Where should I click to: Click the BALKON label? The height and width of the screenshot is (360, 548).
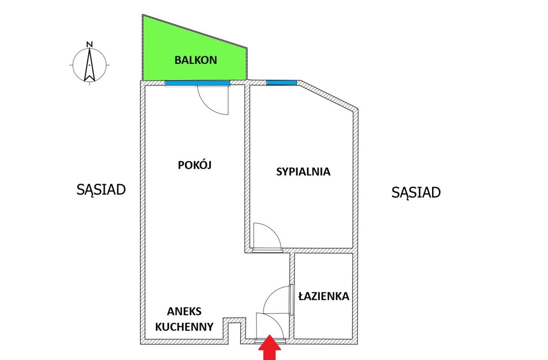pos(196,60)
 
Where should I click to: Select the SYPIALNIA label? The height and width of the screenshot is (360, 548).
pos(303,172)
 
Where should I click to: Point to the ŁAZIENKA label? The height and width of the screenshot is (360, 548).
pos(324,296)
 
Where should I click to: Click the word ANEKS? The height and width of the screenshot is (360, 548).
pos(184,311)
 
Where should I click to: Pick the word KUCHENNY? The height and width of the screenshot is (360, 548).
pos(184,327)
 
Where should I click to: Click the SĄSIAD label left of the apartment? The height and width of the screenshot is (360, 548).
pos(101,190)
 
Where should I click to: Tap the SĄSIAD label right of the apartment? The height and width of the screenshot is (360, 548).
pos(416,193)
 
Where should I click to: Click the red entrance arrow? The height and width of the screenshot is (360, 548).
pos(269,347)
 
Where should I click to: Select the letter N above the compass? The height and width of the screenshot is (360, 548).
pos(90,44)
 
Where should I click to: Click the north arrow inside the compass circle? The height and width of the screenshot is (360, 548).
pos(90,65)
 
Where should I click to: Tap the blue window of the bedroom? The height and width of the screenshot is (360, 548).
pos(281,83)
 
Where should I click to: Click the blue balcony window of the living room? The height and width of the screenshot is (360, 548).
pos(197,83)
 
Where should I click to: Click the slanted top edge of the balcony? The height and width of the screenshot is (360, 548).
pos(195,31)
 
